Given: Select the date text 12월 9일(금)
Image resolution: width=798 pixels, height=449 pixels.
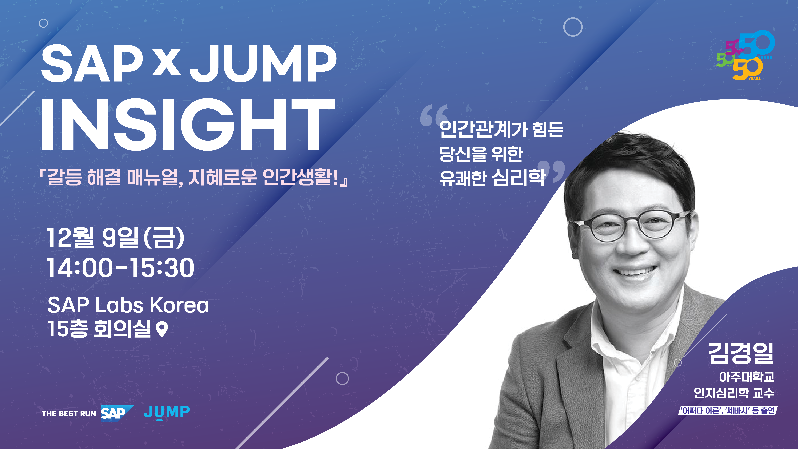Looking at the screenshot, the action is pos(116,238).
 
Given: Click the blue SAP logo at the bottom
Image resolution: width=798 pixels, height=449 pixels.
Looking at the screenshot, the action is pos(117,413).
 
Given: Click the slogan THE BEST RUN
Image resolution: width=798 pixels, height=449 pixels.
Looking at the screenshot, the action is pos(69,414).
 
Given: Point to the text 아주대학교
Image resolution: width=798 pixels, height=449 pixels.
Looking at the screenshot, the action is pos(747,377).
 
